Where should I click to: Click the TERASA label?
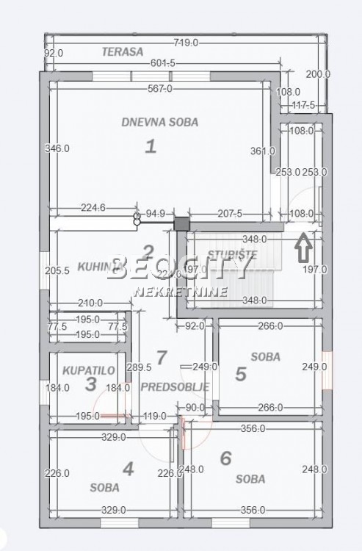121,51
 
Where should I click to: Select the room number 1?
151,146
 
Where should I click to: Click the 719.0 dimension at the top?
185,43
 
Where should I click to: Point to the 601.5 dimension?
162,64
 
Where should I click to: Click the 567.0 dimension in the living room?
159,89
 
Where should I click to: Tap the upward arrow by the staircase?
302,247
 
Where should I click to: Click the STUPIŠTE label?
232,255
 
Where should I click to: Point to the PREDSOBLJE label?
175,386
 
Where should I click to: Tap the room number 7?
162,358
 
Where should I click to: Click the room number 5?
241,374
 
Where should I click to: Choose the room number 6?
226,458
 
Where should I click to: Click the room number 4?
128,468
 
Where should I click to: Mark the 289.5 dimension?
139,367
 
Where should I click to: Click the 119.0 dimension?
155,416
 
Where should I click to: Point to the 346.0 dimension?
57,148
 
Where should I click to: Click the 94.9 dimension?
156,214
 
